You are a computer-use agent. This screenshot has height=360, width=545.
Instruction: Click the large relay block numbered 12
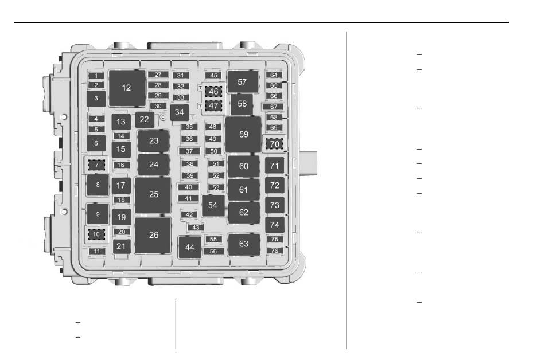pos(127,88)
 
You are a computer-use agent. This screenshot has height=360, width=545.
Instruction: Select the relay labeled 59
pos(243,134)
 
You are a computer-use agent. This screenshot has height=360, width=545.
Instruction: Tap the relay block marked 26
pos(153,235)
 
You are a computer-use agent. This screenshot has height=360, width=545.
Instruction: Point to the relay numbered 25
pos(153,195)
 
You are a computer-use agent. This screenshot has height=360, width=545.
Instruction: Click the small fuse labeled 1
pos(96,76)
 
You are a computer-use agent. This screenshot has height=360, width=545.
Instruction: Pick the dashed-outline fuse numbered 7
pos(96,165)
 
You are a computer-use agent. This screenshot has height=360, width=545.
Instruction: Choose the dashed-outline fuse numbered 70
pos(274,144)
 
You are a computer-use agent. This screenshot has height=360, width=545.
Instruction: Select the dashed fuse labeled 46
pos(213,91)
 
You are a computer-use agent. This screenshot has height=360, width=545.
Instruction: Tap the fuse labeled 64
pos(274,75)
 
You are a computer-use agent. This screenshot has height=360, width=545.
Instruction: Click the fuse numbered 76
pos(275,251)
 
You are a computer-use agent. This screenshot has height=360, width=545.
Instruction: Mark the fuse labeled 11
pos(96,251)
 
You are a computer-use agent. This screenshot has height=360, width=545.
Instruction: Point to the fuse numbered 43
pos(196,228)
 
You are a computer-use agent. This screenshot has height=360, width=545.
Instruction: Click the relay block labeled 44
pos(190,247)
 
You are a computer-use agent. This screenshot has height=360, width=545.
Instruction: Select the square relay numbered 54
pos(213,206)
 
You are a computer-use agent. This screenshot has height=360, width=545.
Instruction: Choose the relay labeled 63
pos(244,244)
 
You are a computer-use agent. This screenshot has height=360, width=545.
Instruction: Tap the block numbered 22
pos(145,120)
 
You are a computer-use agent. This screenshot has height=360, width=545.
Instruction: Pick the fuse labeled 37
pos(189,151)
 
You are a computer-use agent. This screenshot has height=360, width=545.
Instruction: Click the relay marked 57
pos(243,82)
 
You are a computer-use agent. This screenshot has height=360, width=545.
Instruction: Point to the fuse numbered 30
pos(158,106)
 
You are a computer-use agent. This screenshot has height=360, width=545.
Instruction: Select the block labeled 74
pos(275,225)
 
